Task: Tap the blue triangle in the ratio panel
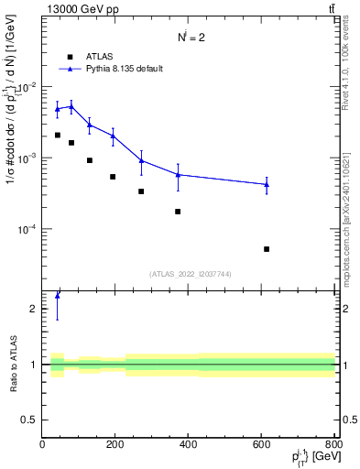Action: [57, 295]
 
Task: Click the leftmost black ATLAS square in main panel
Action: [57, 135]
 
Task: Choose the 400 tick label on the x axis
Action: [189, 446]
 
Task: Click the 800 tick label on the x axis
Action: [333, 446]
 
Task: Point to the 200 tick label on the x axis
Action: [115, 446]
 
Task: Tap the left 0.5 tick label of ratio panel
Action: [30, 420]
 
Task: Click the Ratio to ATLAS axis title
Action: [13, 365]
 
